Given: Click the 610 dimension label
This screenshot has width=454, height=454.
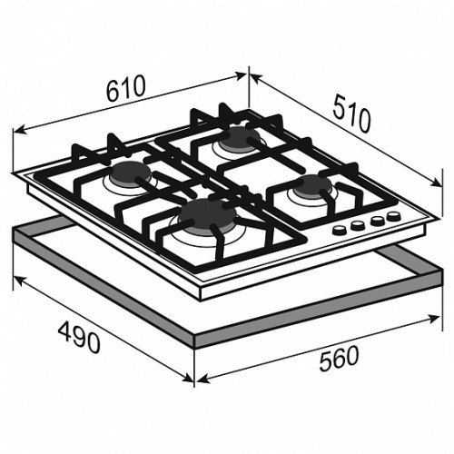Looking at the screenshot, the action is pyautogui.click(x=126, y=88).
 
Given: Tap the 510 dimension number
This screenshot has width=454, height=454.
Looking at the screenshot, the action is pyautogui.click(x=351, y=114).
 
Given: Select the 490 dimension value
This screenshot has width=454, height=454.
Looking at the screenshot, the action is pyautogui.click(x=79, y=338).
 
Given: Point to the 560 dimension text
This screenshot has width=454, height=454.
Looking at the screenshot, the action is pyautogui.click(x=339, y=359).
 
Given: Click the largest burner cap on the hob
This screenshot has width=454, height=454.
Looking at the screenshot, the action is pyautogui.click(x=207, y=214).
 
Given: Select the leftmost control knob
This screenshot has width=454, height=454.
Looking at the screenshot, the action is pyautogui.click(x=340, y=230).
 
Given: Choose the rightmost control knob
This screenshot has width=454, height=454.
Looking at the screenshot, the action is pyautogui.click(x=393, y=216).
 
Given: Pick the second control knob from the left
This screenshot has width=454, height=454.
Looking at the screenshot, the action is pyautogui.click(x=358, y=225).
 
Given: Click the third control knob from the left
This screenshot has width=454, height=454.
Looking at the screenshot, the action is pyautogui.click(x=377, y=220).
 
